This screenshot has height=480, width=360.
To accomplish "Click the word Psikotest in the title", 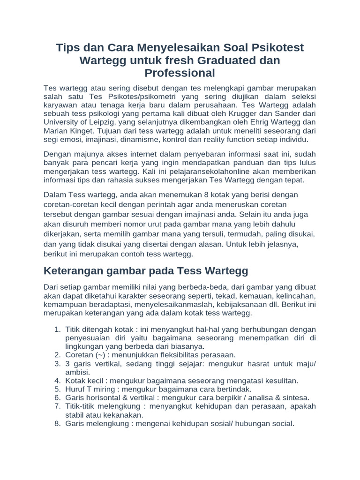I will click(277, 48).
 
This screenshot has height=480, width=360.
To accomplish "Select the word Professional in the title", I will click(180, 73).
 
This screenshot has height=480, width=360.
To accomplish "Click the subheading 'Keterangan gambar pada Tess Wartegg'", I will click(145, 270).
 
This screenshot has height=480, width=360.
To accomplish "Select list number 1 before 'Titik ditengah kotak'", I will click(57, 329).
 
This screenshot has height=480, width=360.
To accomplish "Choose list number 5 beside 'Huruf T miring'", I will click(57, 389).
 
